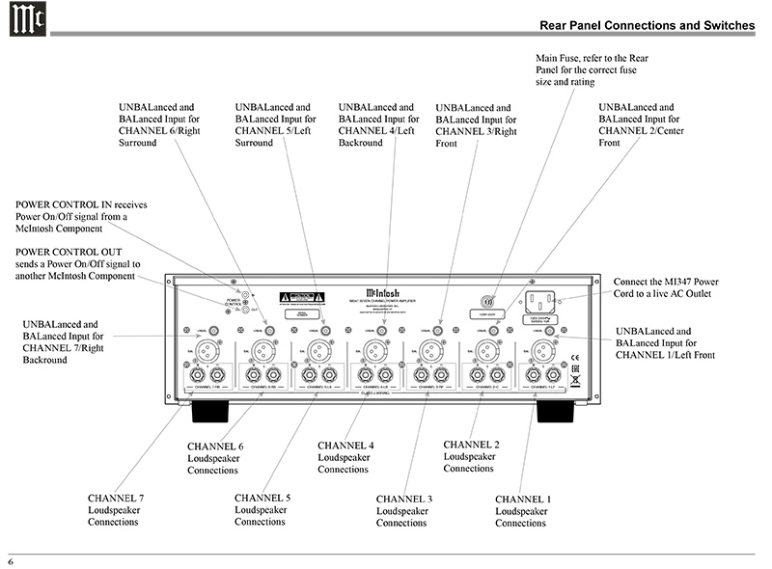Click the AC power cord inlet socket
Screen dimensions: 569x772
click(x=544, y=301)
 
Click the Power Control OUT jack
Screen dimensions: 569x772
click(x=248, y=310)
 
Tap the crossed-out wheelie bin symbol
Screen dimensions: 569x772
click(x=575, y=380)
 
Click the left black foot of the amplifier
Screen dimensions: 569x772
click(x=215, y=413)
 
